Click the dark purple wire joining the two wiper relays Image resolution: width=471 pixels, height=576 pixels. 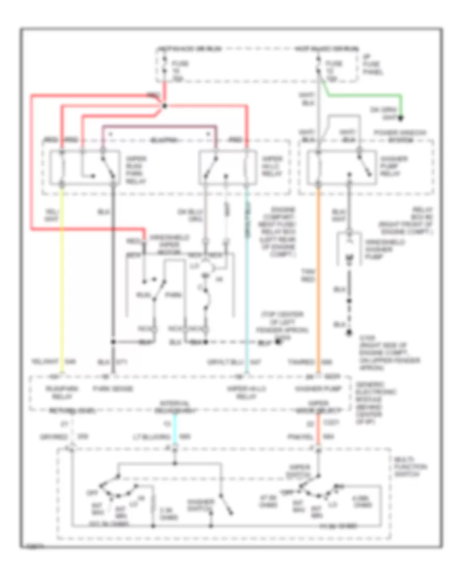click(x=157, y=126)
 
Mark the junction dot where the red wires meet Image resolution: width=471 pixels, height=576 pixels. click(x=164, y=106)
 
